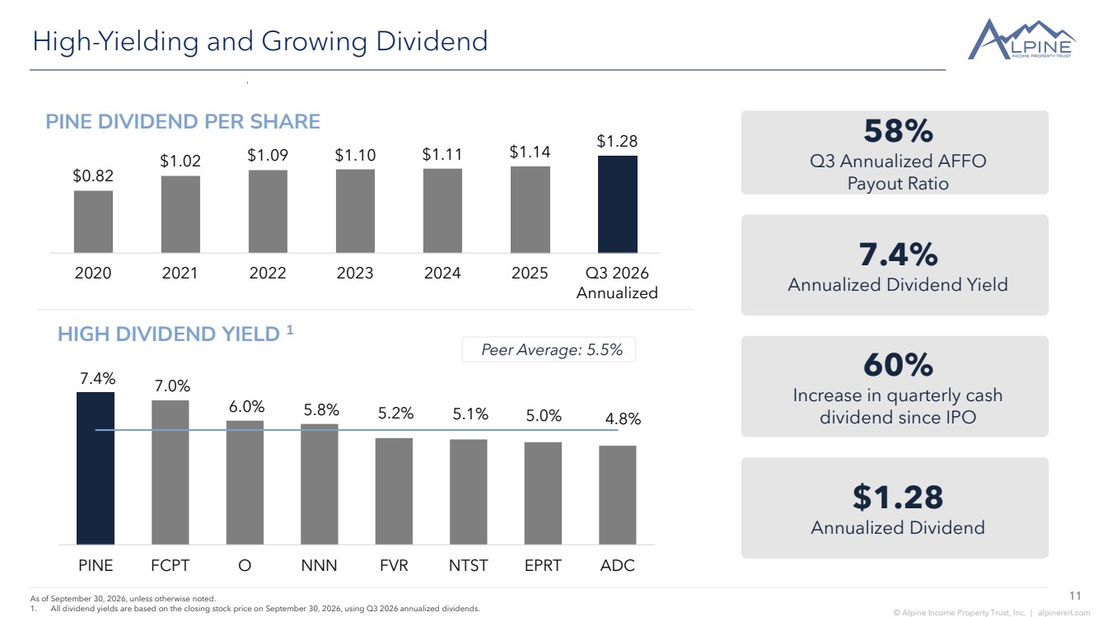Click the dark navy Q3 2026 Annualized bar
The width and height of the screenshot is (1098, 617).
point(617,204)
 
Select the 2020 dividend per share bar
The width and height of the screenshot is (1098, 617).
point(93,222)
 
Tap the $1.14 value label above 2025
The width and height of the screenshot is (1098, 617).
point(530,152)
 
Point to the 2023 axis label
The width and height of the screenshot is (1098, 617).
point(355,273)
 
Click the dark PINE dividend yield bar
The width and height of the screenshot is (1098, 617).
point(96,468)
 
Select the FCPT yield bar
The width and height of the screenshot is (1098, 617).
point(170,472)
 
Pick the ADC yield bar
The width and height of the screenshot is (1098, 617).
point(618,495)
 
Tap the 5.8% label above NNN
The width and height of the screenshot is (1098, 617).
point(321,409)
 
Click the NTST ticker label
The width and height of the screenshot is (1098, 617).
point(468,566)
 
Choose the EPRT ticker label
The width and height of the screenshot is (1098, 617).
point(543,566)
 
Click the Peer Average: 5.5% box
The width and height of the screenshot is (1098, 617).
point(549,349)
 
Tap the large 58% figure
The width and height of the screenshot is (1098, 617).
point(898,131)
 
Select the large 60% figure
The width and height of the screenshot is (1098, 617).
point(898,365)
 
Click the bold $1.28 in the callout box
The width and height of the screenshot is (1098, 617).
point(898,497)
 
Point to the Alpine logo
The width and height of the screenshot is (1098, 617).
point(1022,40)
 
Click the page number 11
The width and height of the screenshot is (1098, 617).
point(1075,596)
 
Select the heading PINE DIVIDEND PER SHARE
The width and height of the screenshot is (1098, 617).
point(182,122)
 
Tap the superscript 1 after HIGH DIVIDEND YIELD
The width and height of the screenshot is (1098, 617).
point(290,330)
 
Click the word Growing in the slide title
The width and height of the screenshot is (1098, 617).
point(314,41)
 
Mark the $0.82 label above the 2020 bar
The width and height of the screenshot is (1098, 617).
point(93,175)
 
